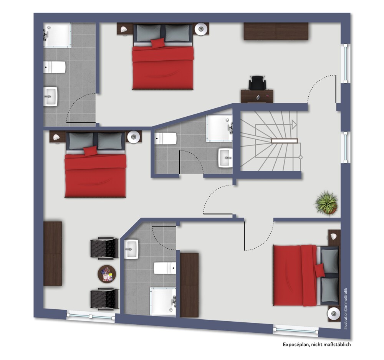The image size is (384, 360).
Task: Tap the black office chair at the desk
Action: (x=257, y=83)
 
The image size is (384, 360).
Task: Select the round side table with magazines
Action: (x=107, y=274)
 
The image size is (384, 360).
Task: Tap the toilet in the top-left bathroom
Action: (x=55, y=67)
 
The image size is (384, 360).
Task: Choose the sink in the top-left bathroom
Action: (x=50, y=97)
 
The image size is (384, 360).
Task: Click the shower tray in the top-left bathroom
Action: (x=57, y=35)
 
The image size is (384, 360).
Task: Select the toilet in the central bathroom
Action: (x=166, y=139)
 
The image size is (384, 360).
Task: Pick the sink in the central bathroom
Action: (x=225, y=158)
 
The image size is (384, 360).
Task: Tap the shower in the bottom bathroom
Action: (x=163, y=302)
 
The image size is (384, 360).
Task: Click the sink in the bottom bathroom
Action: (x=131, y=249)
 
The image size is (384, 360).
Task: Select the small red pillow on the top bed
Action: (x=158, y=43)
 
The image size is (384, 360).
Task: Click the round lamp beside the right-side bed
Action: (x=334, y=314)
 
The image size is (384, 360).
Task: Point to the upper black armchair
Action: (x=105, y=248)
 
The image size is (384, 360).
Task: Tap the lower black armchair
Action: (x=105, y=299)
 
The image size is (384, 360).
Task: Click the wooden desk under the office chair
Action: (x=257, y=96)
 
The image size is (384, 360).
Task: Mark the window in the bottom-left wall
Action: (x=91, y=316)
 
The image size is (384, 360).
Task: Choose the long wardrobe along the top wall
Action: (x=276, y=31)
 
